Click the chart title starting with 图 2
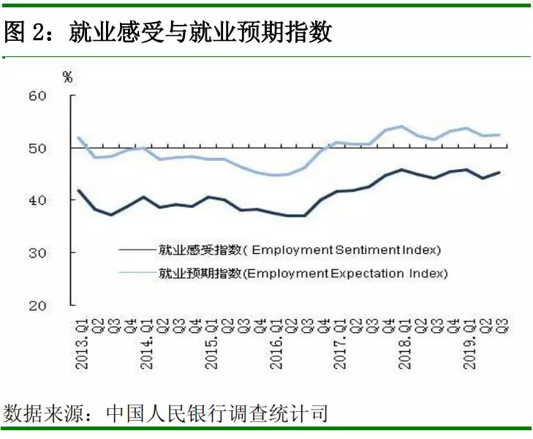pos(168,31)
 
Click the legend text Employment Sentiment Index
pos(300,250)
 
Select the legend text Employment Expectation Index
pos(303,274)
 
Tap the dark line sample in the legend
pos(137,250)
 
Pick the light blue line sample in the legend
pos(137,274)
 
